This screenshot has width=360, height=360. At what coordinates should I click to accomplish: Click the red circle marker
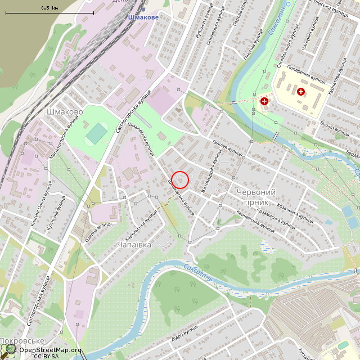coord(179,179)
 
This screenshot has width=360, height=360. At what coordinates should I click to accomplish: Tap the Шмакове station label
coord(143,17)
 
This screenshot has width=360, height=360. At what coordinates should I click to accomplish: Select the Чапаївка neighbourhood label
coord(134,245)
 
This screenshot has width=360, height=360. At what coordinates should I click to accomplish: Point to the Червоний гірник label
coord(252,197)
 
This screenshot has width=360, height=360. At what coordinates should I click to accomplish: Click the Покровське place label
coord(22,341)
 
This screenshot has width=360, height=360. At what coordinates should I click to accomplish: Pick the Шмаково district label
coord(64,112)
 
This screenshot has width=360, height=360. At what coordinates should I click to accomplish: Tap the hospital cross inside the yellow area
coord(301,91)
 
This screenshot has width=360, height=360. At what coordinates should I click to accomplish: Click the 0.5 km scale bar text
coord(49,8)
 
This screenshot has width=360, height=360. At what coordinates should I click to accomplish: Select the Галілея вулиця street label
coord(228,148)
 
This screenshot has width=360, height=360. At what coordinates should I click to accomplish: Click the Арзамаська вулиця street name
coord(276,218)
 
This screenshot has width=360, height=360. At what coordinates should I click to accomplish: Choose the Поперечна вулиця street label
coord(306,76)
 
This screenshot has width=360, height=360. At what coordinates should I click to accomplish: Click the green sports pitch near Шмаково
coord(97,133)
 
